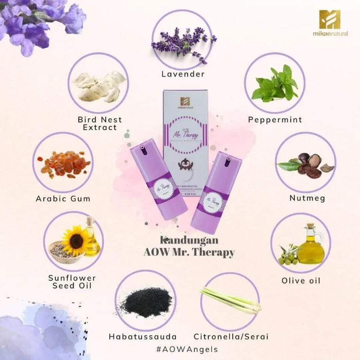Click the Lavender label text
(183, 73)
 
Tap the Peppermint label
(275, 120)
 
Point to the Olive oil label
(301, 280)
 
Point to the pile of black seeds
(144, 301)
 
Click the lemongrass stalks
(230, 300)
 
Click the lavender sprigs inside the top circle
(183, 43)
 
